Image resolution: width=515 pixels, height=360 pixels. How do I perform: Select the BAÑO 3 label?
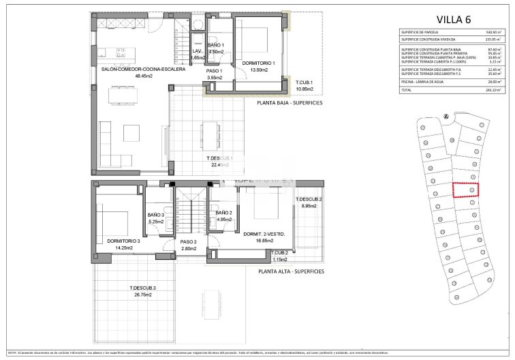pyautogui.click(x=156, y=215)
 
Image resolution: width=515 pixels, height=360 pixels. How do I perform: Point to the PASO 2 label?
pyautogui.click(x=188, y=242)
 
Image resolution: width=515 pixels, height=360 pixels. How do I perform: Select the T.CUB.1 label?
pyautogui.click(x=303, y=82)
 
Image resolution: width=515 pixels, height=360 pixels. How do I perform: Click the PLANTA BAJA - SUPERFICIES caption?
pyautogui.click(x=290, y=103)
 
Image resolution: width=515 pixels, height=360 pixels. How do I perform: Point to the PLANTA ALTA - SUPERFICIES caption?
pyautogui.click(x=291, y=271)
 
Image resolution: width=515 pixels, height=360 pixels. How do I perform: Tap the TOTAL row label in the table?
pyautogui.click(x=407, y=90)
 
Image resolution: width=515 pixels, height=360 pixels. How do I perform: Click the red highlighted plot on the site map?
pyautogui.click(x=467, y=190)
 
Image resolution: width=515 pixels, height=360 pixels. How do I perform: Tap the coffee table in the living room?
pyautogui.click(x=132, y=130)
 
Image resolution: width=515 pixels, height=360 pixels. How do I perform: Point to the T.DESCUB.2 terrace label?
pyautogui.click(x=309, y=199)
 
